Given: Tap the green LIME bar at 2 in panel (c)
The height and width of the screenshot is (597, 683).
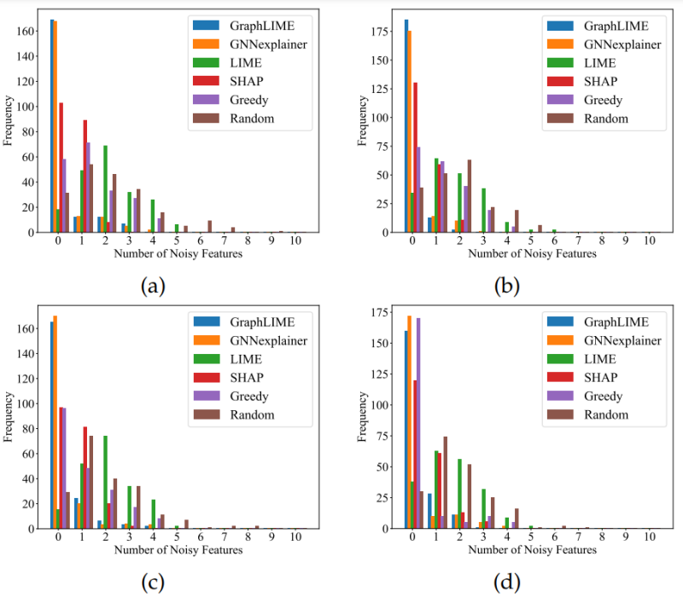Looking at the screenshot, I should click(105, 482).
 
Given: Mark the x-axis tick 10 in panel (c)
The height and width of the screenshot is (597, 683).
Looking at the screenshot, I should click(295, 537).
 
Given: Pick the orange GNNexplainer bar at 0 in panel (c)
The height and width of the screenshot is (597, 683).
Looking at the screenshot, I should click(55, 422).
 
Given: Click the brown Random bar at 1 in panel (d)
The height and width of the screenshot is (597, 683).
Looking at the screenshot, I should click(445, 483).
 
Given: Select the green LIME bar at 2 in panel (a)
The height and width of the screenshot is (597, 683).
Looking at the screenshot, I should click(105, 188).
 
